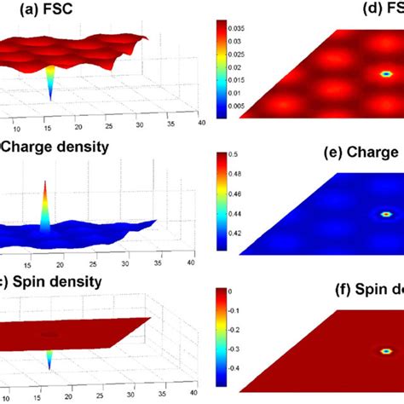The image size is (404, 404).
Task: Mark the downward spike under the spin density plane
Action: point(49,358)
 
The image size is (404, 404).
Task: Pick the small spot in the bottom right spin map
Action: point(386,350)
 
